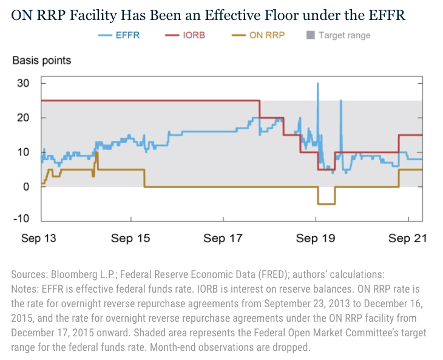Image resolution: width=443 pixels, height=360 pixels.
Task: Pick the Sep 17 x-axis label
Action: pos(223,239)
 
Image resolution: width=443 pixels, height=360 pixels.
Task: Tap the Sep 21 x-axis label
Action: pos(407,239)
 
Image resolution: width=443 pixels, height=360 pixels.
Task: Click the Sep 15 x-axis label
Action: pos(131,239)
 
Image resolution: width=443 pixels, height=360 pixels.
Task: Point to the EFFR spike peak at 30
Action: pos(317,83)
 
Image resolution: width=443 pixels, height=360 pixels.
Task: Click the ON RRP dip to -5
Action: pos(326,204)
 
